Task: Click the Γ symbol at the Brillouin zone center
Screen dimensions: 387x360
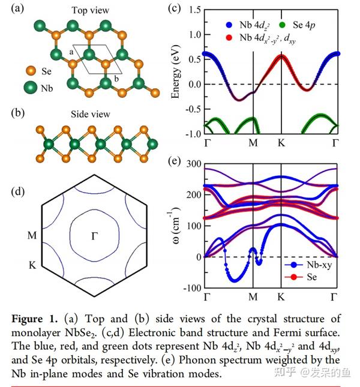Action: point(94,236)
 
